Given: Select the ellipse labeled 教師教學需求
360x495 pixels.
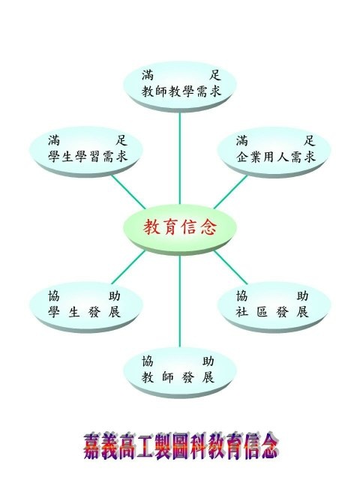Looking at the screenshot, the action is coord(180,86).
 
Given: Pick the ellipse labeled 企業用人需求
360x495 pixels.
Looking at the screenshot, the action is coord(274,151).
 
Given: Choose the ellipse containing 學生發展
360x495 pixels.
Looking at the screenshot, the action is coord(86,306).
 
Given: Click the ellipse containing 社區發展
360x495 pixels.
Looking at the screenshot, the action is coord(274,306).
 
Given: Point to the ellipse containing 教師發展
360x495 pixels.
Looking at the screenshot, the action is coord(180,372).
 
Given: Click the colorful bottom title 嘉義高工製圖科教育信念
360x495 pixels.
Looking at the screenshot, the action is coord(181,446).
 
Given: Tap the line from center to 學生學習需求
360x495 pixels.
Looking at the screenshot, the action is coord(128,192).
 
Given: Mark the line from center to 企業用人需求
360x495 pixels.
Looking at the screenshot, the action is coord(230,192).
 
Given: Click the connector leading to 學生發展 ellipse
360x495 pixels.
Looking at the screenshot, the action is coord(128,267).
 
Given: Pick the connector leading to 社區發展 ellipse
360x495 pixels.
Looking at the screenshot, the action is coord(230,267).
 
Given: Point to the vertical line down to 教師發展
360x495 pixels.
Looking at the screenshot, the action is coord(180,301).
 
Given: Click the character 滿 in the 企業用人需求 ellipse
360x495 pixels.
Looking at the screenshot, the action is coord(242,140).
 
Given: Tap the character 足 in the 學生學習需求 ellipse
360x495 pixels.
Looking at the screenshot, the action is coord(121,139).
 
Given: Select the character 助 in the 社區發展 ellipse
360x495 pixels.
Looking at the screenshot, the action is coord(302,295).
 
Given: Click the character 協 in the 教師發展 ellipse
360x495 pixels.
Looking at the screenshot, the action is coord(148,361).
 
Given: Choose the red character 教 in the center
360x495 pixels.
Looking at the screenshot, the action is coord(151,227).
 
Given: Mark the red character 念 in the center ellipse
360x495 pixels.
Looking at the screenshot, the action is coord(208,227).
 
